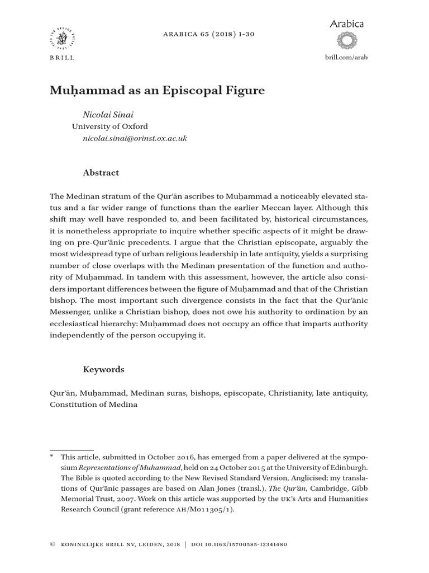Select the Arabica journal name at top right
[347, 24]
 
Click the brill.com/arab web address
[346, 58]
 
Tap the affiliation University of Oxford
[110, 126]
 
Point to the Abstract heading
[101, 173]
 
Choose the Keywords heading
[103, 369]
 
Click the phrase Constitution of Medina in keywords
[93, 405]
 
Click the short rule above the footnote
[71, 450]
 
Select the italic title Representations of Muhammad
[128, 467]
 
